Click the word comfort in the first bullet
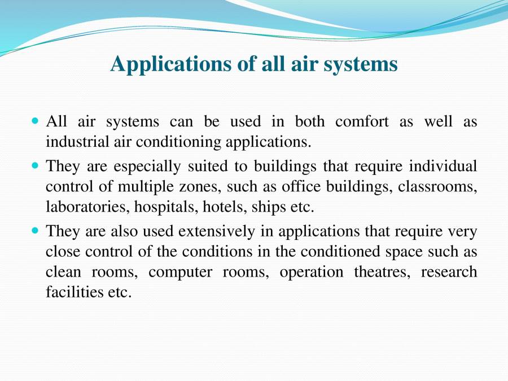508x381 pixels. [x=362, y=121]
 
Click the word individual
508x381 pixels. [x=443, y=167]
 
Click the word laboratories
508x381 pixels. [x=87, y=207]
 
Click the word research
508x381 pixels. [x=449, y=272]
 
